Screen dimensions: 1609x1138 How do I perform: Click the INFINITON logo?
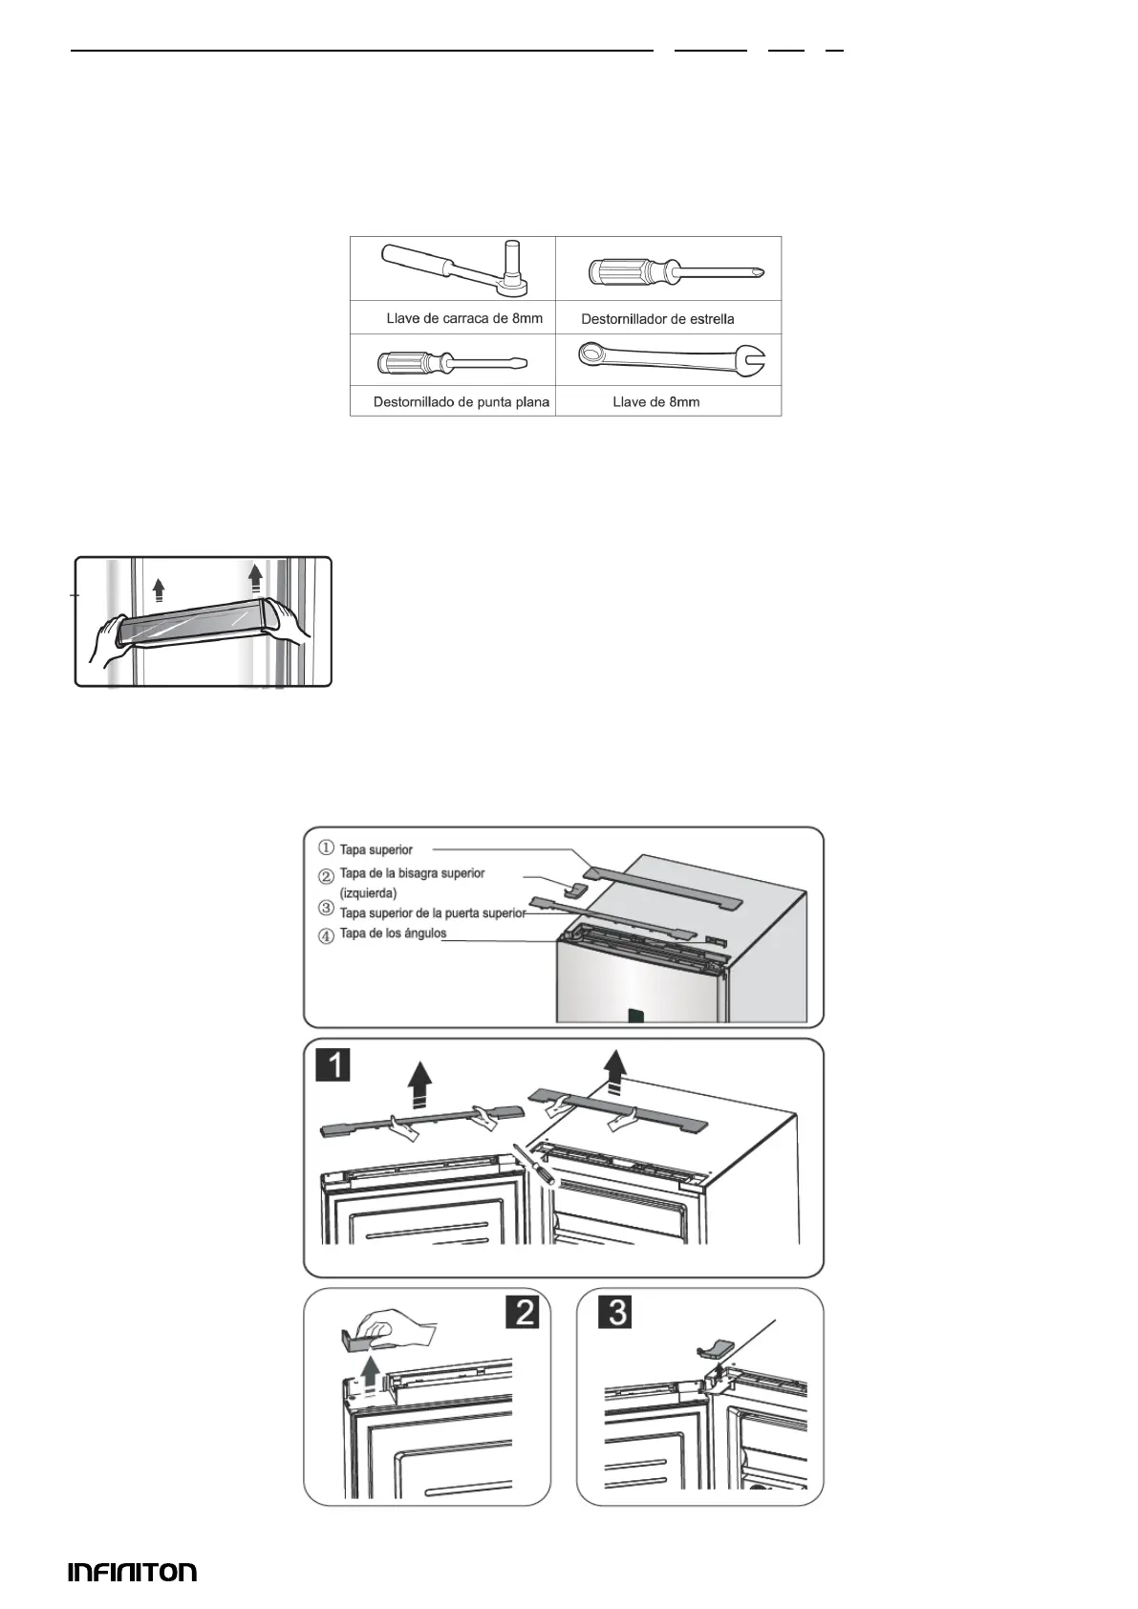click(x=132, y=1572)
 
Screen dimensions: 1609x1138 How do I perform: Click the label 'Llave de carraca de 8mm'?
click(x=464, y=318)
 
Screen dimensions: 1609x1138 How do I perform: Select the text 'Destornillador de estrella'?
click(x=657, y=319)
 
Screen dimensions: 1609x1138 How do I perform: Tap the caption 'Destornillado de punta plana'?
click(x=462, y=402)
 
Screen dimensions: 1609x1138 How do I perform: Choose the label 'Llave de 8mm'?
click(x=656, y=402)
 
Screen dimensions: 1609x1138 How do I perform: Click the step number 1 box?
click(x=333, y=1064)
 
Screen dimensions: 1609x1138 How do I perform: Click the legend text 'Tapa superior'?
click(x=376, y=849)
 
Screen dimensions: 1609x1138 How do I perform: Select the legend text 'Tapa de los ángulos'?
click(x=393, y=933)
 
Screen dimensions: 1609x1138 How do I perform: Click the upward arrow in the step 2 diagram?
click(x=373, y=1377)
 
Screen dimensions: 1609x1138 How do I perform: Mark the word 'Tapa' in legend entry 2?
click(x=353, y=873)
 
